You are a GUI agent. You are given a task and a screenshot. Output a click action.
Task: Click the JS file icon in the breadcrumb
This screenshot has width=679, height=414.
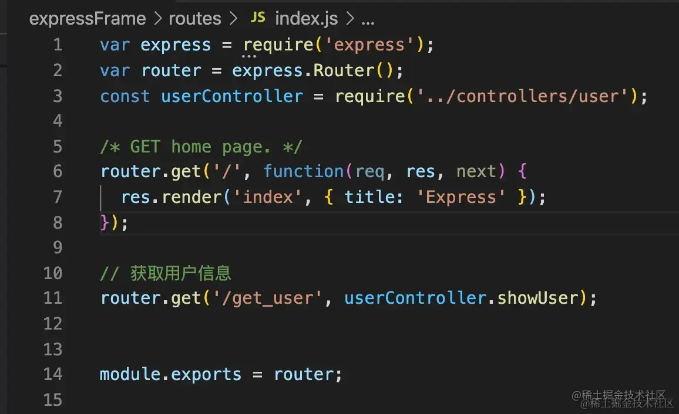click(257, 18)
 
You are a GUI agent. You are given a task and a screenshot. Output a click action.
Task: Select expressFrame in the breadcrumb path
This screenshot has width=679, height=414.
click(88, 19)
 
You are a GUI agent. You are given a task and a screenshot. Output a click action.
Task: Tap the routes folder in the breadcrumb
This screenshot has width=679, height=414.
click(195, 19)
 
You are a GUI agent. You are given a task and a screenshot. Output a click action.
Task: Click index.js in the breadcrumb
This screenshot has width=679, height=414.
click(306, 19)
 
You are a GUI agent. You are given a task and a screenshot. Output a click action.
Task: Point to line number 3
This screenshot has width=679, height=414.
click(57, 96)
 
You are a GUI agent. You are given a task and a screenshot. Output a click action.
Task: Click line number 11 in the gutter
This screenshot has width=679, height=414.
click(53, 298)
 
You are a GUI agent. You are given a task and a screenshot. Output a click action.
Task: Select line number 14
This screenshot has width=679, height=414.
click(53, 374)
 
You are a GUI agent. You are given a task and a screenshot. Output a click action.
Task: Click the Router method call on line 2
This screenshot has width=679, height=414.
click(344, 71)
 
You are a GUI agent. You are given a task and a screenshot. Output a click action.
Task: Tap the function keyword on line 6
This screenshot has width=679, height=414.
click(303, 171)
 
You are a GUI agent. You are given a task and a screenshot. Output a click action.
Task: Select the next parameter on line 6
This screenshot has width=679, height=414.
click(476, 171)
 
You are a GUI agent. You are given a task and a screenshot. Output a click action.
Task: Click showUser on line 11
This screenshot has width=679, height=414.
click(537, 298)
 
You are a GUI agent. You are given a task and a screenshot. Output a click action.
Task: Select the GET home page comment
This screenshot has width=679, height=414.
click(201, 147)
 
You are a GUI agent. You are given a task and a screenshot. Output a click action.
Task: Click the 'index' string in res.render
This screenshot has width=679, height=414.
click(268, 196)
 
